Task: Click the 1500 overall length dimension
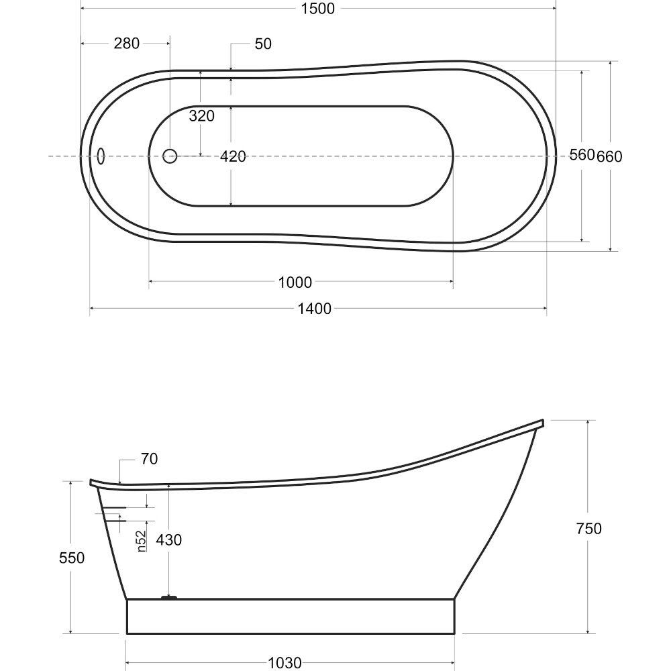(x=317, y=9)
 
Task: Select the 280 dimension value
(x=127, y=43)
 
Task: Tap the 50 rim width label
(x=263, y=44)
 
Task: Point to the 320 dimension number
(x=201, y=115)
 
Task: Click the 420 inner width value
(x=233, y=156)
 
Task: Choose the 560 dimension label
(x=582, y=154)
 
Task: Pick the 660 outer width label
(x=609, y=156)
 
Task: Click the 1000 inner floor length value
(x=295, y=282)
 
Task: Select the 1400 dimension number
(x=315, y=309)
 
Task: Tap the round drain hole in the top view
(x=170, y=156)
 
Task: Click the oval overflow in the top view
(x=101, y=156)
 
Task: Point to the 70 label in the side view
(x=150, y=459)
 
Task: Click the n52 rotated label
(x=142, y=541)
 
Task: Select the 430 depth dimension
(x=168, y=540)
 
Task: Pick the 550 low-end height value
(x=72, y=558)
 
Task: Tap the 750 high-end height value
(x=589, y=529)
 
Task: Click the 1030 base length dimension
(x=285, y=664)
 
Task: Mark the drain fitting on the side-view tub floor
(x=169, y=597)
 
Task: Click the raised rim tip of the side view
(x=542, y=423)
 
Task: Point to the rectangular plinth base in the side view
(x=291, y=616)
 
